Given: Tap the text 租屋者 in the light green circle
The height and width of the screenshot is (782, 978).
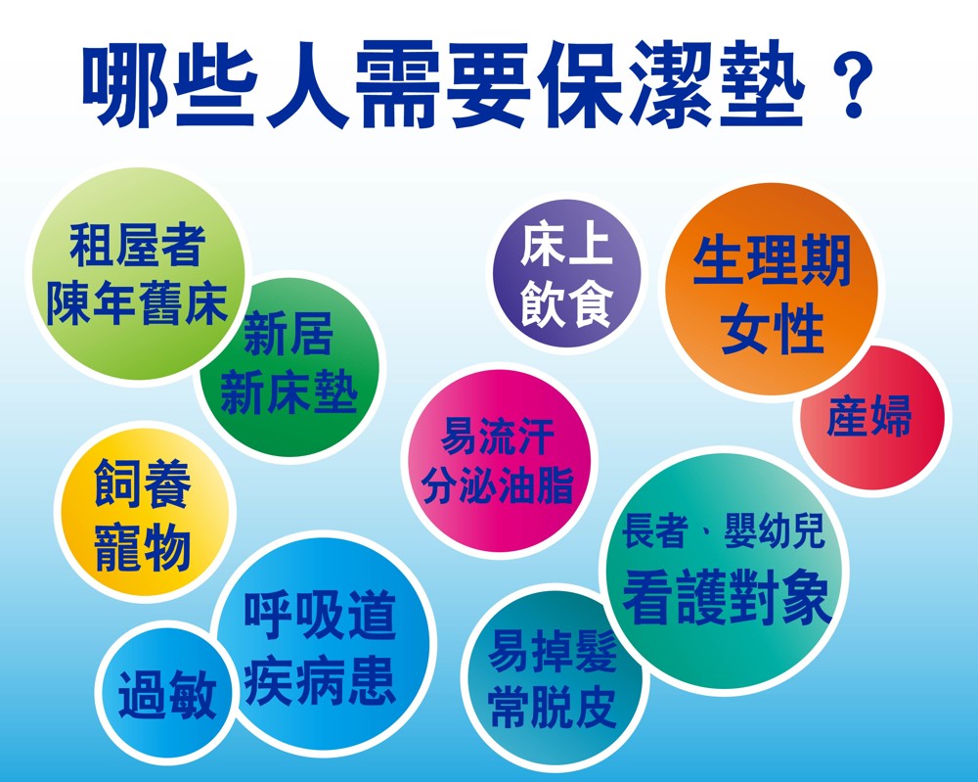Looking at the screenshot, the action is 137,246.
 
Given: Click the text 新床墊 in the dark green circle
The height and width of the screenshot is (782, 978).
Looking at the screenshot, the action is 289,392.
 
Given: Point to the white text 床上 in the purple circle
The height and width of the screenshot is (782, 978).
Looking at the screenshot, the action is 566,246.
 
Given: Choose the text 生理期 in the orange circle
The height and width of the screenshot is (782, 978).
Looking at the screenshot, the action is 772,260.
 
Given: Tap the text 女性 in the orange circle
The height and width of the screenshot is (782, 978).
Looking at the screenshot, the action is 772,329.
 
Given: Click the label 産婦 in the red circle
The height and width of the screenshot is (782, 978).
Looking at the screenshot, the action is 868,416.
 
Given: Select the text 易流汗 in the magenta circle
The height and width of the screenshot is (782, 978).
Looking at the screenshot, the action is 497,437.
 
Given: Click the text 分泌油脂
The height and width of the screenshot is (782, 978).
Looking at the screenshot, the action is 497,484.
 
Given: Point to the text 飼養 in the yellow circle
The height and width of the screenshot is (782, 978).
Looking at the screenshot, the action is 143,483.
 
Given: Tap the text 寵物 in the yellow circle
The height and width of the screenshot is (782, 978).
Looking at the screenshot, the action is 143,547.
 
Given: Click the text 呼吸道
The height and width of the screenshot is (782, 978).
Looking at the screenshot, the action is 320,616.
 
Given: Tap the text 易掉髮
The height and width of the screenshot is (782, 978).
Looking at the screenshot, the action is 553,650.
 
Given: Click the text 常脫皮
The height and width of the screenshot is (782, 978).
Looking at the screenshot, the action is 553,707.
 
